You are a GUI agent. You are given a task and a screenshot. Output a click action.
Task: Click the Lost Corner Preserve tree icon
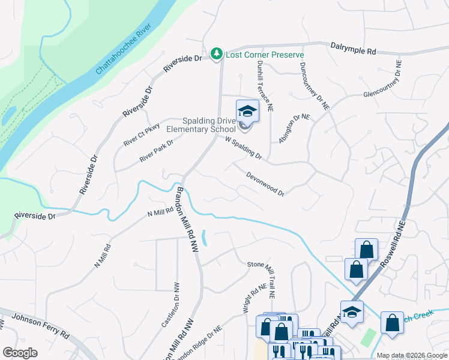click(217, 55)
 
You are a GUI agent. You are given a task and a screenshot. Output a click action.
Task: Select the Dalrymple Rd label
click(353, 49)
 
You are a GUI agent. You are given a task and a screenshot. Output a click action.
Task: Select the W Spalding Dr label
click(244, 148)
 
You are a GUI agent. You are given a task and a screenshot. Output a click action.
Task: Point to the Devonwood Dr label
click(265, 183)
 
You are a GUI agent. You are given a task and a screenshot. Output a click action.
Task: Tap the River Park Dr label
click(156, 151)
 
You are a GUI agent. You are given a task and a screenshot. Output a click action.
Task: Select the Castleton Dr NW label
click(170, 304)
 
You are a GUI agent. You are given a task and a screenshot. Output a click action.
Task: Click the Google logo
click(20, 353)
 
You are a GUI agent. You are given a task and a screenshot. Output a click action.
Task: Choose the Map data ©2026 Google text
click(411, 355)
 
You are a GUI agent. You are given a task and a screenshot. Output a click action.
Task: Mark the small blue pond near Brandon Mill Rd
click(205, 238)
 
